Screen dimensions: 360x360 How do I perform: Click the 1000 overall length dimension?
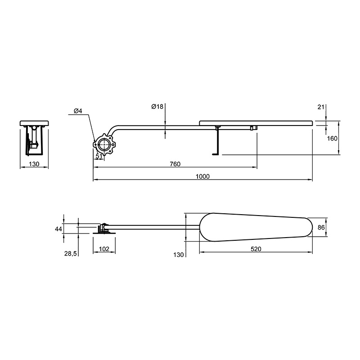pyautogui.click(x=202, y=176)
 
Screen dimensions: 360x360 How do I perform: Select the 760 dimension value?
pyautogui.click(x=175, y=164)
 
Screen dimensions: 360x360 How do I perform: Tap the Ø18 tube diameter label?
pyautogui.click(x=157, y=107)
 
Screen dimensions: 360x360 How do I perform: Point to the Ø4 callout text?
pyautogui.click(x=78, y=111)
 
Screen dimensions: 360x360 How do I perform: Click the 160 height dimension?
pyautogui.click(x=332, y=139)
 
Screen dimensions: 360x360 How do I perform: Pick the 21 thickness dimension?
pyautogui.click(x=321, y=107)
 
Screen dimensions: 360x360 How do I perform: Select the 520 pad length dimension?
pyautogui.click(x=256, y=249)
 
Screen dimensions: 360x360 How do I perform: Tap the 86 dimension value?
pyautogui.click(x=321, y=227)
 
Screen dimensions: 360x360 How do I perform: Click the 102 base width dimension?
pyautogui.click(x=104, y=249)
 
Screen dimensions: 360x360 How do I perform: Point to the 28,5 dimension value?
pyautogui.click(x=71, y=254)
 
